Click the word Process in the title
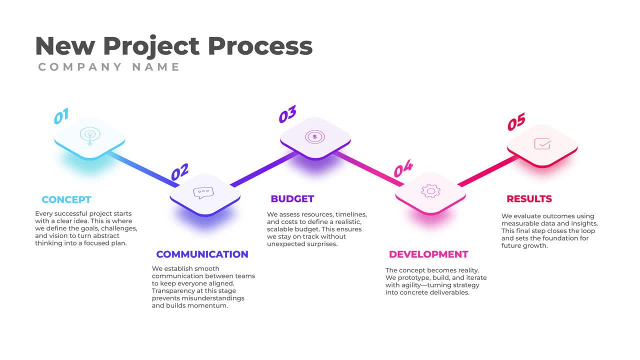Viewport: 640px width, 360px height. [x=260, y=46]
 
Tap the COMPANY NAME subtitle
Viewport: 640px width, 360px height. [x=109, y=67]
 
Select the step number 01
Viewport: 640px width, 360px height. [x=61, y=116]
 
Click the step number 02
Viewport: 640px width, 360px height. [x=179, y=172]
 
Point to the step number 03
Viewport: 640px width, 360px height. [x=287, y=114]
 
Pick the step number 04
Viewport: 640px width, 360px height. [x=403, y=169]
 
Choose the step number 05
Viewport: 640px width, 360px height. [x=516, y=122]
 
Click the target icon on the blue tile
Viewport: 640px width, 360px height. [x=90, y=135]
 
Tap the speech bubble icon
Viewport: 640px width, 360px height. [x=203, y=193]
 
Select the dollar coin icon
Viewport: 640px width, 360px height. [x=314, y=136]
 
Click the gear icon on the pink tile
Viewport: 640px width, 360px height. [x=430, y=190]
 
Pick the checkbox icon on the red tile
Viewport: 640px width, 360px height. [x=542, y=144]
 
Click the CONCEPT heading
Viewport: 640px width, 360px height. [x=66, y=199]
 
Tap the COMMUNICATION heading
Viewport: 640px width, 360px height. [x=202, y=254]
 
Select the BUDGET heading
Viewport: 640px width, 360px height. [x=292, y=198]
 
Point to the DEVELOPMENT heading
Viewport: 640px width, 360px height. [x=428, y=254]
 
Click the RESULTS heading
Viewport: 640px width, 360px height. [x=529, y=198]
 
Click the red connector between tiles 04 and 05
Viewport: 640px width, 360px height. [x=487, y=171]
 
